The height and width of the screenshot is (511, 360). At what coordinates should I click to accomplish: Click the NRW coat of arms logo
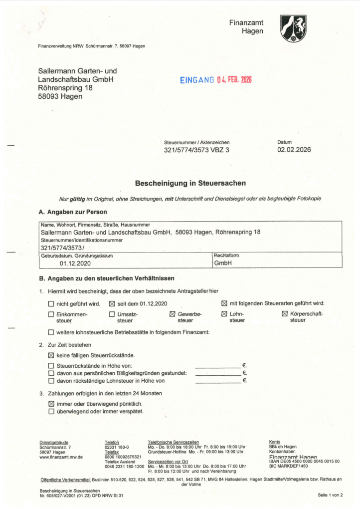pos(293,28)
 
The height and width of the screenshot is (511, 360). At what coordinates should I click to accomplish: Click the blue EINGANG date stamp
pos(216,80)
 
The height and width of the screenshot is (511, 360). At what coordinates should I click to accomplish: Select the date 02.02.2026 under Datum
pos(294,150)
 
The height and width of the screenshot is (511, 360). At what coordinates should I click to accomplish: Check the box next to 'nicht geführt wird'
pos(51,303)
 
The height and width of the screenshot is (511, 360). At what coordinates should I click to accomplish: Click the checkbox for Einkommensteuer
pos(51,314)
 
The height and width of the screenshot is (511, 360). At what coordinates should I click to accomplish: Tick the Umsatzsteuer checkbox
pos(112,314)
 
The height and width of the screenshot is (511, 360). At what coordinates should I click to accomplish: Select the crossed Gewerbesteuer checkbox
pos(173,314)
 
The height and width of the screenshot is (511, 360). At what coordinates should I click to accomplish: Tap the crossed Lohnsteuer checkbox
pos(224,314)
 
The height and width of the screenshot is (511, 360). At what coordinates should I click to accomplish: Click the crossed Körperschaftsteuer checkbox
pos(285,314)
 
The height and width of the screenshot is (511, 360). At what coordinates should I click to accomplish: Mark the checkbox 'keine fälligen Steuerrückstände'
pos(51,355)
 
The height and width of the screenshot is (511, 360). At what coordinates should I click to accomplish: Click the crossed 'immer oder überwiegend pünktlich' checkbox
pos(51,403)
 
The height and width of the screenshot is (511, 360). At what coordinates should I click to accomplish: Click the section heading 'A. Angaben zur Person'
pos(73,212)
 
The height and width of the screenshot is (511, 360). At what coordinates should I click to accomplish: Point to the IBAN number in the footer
pos(304,461)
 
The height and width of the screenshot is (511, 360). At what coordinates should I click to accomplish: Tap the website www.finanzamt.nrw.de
pos(61,457)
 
